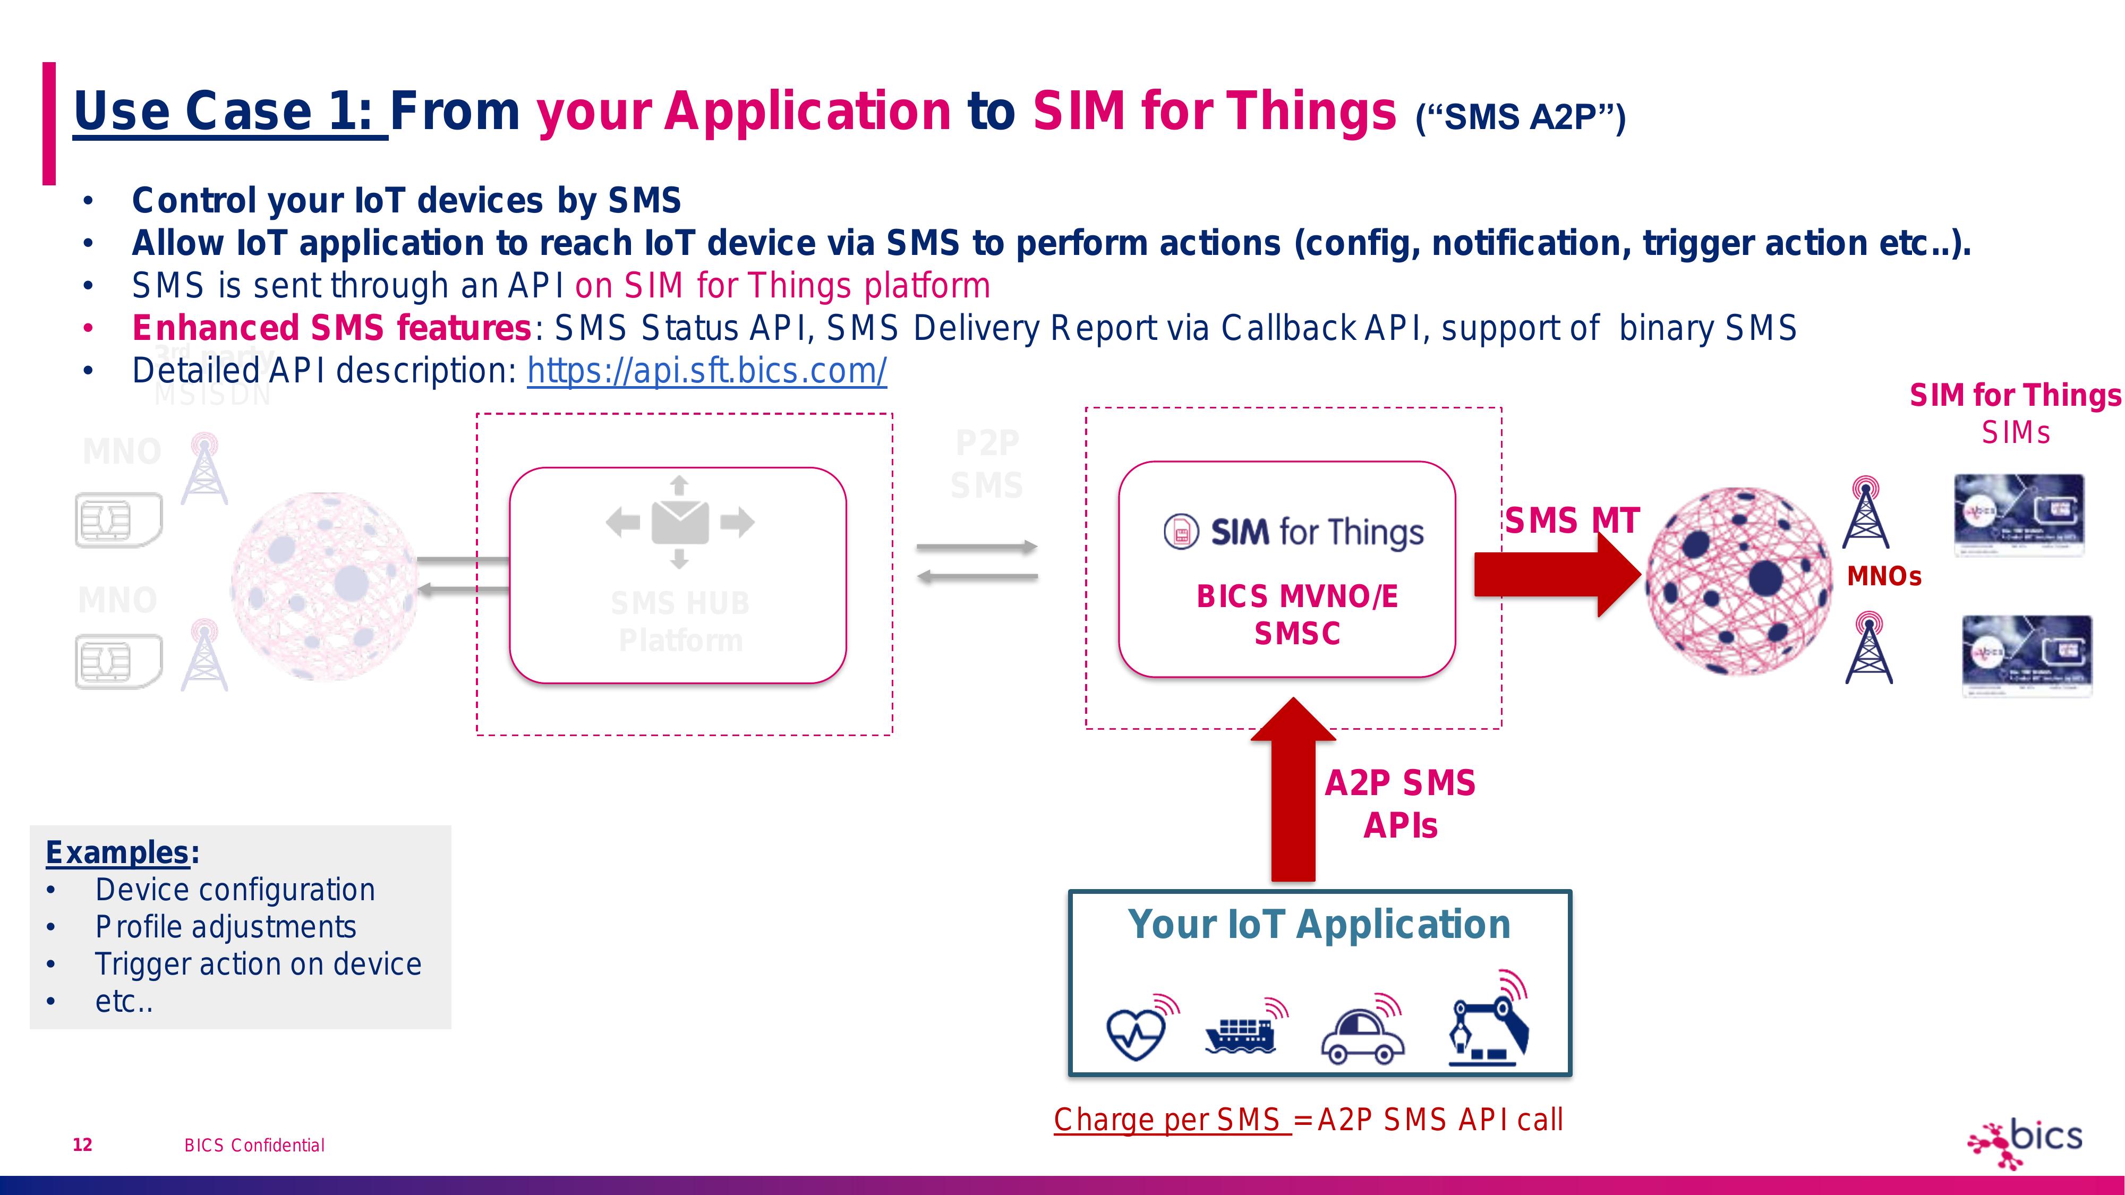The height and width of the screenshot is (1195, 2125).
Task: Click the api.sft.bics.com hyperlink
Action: tap(707, 371)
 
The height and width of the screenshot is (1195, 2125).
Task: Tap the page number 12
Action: tap(82, 1145)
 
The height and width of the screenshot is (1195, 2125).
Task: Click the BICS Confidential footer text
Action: tap(254, 1146)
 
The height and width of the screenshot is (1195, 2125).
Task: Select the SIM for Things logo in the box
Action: tap(1293, 533)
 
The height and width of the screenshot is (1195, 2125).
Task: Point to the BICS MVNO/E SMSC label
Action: tap(1297, 614)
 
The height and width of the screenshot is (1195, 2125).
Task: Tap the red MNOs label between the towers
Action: tap(1884, 576)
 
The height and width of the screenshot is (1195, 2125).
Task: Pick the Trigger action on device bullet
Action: tap(258, 964)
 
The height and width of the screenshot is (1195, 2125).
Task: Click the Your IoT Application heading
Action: tap(1319, 925)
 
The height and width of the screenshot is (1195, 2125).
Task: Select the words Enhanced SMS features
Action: tap(331, 328)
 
